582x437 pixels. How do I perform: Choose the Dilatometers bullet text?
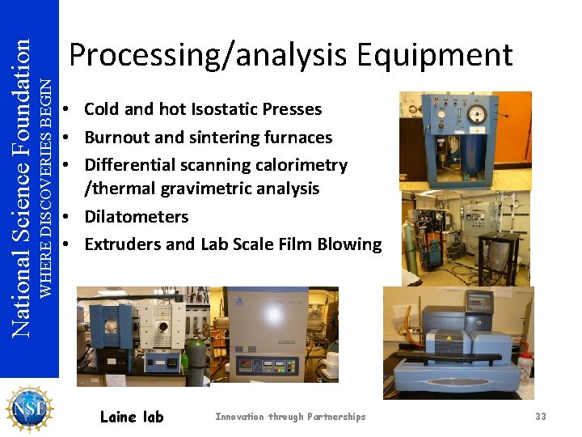(x=136, y=217)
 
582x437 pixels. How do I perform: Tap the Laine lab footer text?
(x=131, y=417)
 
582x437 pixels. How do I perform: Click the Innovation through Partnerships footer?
(x=290, y=417)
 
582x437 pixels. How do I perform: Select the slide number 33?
(x=540, y=417)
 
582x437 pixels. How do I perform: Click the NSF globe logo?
(x=28, y=408)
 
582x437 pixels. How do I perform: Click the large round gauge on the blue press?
(x=477, y=114)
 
